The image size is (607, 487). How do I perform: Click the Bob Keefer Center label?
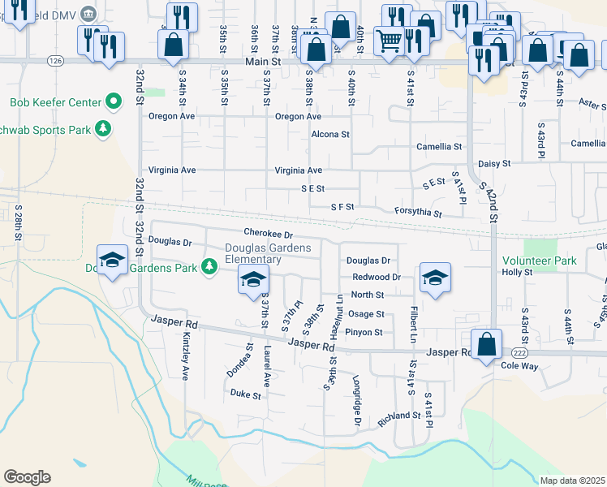(55, 103)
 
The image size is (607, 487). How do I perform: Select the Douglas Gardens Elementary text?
(252, 253)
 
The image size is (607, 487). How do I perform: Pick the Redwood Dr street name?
(377, 277)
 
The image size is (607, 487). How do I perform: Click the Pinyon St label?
(364, 332)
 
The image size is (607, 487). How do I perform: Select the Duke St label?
(245, 395)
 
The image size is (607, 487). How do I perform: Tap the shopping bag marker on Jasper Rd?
(486, 343)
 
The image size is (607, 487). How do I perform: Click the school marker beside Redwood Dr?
(435, 278)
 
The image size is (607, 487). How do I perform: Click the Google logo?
(27, 477)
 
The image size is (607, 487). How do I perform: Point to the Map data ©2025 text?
(573, 481)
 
